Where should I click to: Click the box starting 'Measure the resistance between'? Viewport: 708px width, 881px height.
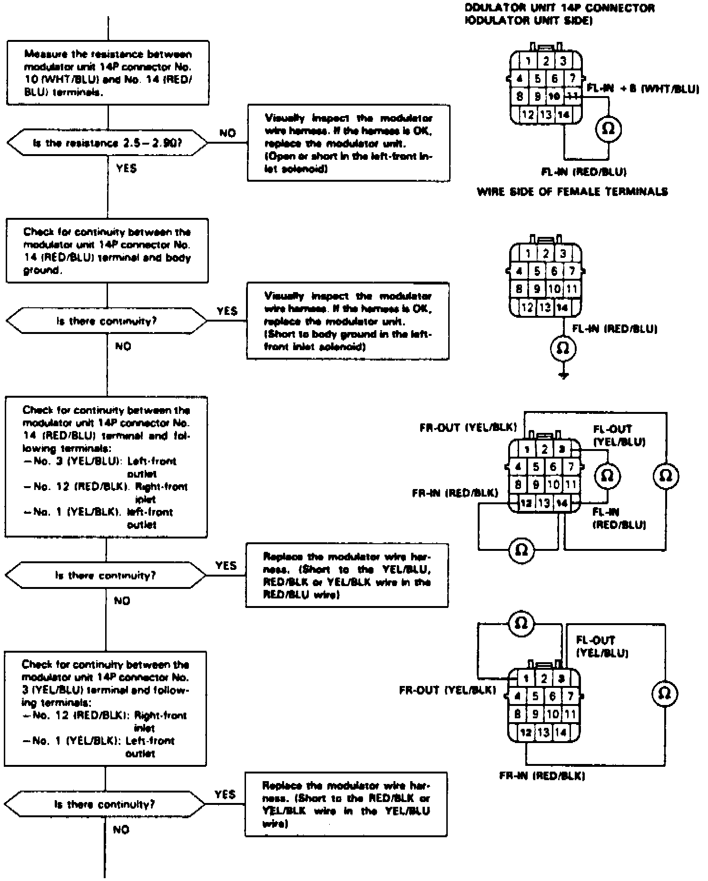tap(108, 73)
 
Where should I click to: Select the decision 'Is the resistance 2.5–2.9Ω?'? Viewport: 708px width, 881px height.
tap(108, 143)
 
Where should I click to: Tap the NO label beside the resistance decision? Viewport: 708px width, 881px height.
tap(228, 133)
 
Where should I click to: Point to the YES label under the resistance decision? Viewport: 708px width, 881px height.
tap(126, 168)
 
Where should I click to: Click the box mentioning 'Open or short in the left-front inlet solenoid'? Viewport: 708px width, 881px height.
tap(348, 143)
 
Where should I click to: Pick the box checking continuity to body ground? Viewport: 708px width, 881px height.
tap(107, 251)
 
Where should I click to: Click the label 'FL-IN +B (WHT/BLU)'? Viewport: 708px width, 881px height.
tap(643, 89)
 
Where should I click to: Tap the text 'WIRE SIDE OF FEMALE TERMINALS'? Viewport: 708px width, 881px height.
tap(572, 192)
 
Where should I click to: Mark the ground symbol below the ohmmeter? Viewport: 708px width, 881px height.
tap(564, 375)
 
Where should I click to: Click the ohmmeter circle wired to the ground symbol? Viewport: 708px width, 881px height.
tap(563, 349)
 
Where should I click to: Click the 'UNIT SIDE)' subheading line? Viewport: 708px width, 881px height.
tap(528, 21)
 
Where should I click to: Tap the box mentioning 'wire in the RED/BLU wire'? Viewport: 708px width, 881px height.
tap(346, 576)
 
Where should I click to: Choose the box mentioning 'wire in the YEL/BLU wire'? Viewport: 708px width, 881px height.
tap(346, 804)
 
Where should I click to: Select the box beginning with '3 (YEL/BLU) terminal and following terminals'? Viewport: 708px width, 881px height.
tap(105, 709)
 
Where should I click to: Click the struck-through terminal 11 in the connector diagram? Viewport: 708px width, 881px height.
tap(572, 97)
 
